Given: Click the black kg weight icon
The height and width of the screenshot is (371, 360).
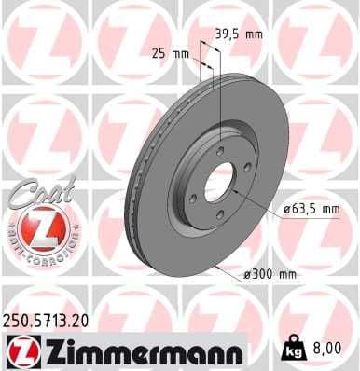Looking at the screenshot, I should click(293, 350).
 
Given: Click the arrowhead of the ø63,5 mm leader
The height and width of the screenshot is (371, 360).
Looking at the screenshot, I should click(232, 190).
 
